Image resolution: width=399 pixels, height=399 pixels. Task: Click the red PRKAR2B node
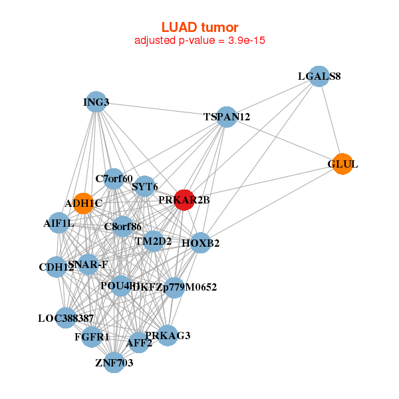[x=184, y=199]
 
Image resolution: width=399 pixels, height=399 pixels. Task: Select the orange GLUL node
[x=342, y=164]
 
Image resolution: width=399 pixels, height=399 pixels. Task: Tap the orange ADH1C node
[x=83, y=203]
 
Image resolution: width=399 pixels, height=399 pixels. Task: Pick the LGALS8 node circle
[x=319, y=76]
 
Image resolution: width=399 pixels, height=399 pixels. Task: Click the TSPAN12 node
[x=227, y=117]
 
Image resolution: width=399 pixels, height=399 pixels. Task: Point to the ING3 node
[x=96, y=102]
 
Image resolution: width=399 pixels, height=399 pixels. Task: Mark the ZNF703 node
[x=114, y=362]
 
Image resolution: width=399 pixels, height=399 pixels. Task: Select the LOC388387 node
[x=66, y=319]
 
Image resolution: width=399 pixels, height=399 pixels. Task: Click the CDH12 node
[x=57, y=267]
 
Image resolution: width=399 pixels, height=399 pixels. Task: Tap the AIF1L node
[x=59, y=223]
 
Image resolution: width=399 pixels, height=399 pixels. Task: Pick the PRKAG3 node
[x=168, y=335]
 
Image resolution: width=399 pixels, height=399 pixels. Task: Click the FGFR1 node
[x=92, y=336]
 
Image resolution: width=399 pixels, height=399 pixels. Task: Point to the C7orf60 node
[x=114, y=178]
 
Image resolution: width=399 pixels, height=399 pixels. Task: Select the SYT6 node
[x=145, y=186]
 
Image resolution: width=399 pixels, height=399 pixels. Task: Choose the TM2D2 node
[x=154, y=241]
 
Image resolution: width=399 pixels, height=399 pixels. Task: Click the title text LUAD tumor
[x=199, y=27]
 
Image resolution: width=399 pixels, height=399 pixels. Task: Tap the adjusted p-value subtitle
[x=199, y=41]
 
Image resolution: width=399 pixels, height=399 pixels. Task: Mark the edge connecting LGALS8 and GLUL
[x=331, y=120]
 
